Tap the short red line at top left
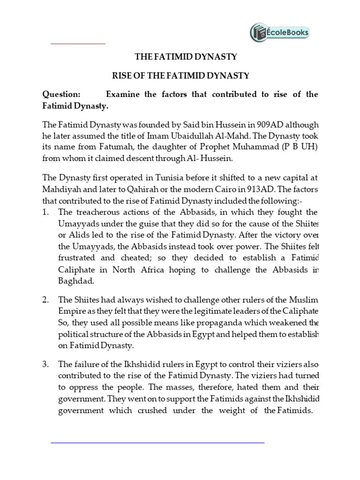(x=78, y=44)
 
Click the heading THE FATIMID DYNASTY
(x=186, y=57)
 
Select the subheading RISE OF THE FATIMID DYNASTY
(x=186, y=75)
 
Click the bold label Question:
(x=61, y=94)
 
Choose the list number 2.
(x=45, y=300)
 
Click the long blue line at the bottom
(x=157, y=442)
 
